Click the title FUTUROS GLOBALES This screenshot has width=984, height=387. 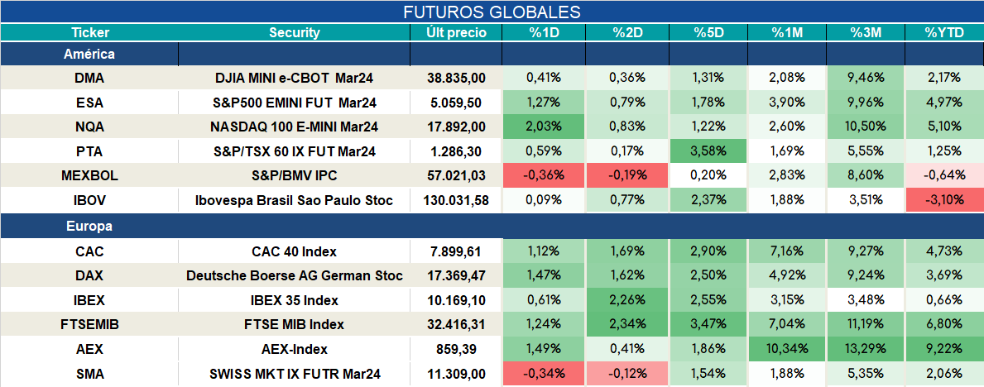[492, 12]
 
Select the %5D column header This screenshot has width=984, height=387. [708, 33]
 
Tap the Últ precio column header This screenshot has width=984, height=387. [456, 33]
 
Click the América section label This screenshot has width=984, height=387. [89, 55]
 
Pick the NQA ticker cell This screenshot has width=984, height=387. [89, 127]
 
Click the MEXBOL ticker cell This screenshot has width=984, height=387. [89, 175]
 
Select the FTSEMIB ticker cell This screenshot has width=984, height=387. [89, 324]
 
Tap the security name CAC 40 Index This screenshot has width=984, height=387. [295, 251]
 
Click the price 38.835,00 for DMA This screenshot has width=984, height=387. [456, 78]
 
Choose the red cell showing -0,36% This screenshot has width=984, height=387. [544, 175]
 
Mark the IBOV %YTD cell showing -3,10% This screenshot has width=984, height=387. [943, 201]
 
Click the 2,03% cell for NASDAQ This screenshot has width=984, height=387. [544, 127]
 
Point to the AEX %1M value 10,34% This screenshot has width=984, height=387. [786, 349]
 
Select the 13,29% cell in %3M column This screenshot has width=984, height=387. [866, 349]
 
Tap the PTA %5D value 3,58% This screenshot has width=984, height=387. [708, 151]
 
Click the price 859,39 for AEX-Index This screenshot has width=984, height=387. [456, 349]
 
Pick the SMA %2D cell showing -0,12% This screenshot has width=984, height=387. [627, 374]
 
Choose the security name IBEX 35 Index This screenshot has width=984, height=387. [295, 300]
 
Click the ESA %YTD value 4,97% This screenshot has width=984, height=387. [943, 103]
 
